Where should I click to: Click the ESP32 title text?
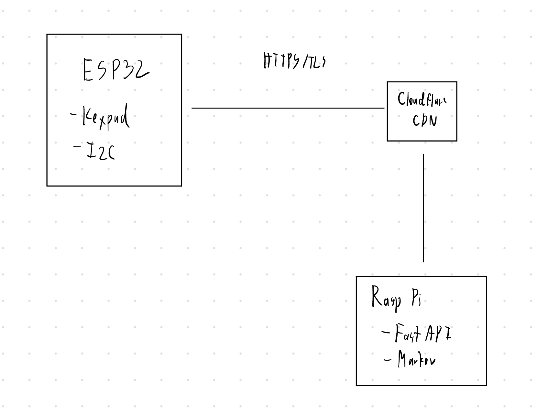click(116, 69)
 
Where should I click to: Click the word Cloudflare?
click(422, 100)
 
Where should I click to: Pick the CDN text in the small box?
click(425, 121)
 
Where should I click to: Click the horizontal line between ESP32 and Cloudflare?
click(288, 108)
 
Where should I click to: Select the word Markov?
click(417, 359)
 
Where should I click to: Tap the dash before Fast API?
click(386, 332)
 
